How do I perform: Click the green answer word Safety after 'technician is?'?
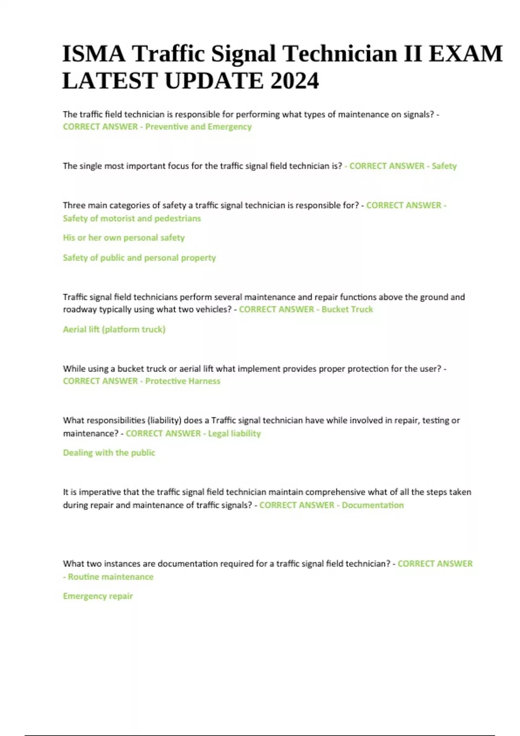pos(444,166)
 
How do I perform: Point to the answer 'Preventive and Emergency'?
pos(198,127)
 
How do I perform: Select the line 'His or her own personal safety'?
pos(123,238)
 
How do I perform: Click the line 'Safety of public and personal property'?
pos(139,258)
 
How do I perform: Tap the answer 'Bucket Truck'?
pos(347,309)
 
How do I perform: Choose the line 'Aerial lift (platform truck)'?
pos(114,329)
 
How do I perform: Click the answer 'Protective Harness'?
pos(182,381)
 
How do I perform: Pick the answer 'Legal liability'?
pos(234,433)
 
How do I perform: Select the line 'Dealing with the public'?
pos(109,453)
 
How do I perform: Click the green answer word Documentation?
pos(373,505)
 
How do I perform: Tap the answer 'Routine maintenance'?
pos(110,577)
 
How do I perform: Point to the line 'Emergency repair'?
pos(97,596)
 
